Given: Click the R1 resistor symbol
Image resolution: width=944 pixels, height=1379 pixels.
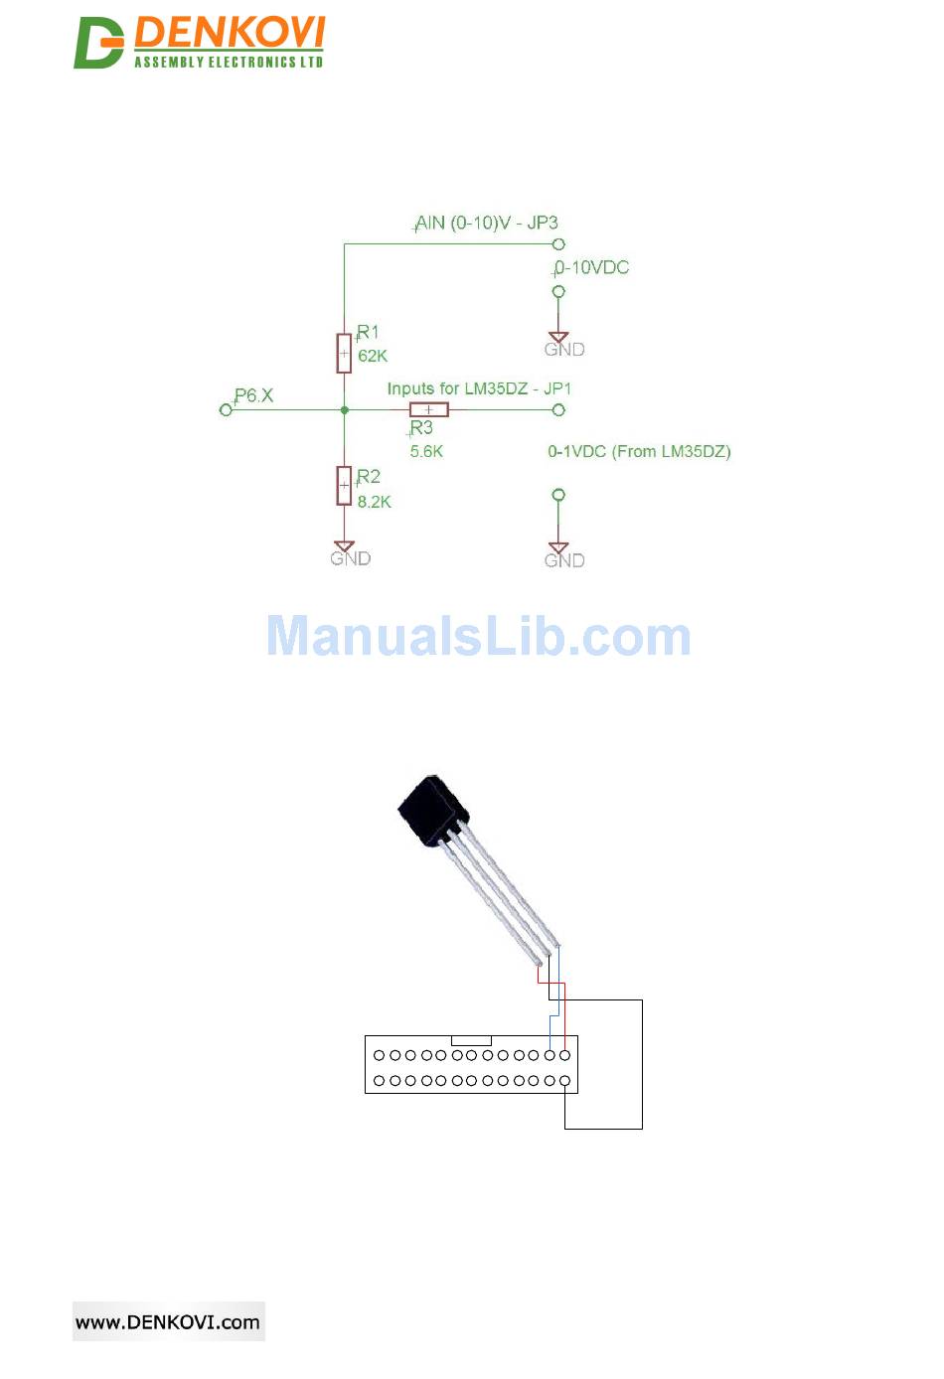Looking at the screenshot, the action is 344,353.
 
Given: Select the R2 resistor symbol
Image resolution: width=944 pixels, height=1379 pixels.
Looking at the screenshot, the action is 344,485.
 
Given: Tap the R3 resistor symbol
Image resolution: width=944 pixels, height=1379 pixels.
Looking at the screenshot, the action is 428,409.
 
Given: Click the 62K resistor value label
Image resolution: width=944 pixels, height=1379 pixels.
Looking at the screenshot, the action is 373,356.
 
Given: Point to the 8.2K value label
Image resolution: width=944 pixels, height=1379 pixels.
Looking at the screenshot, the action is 375,502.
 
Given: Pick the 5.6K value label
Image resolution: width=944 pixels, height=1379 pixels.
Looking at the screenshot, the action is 426,451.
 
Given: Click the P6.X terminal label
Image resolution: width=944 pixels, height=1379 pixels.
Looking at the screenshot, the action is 253,395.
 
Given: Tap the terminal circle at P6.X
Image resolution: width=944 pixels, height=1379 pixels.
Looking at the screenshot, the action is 226,409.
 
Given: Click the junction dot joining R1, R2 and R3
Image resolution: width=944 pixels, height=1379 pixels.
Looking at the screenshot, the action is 344,409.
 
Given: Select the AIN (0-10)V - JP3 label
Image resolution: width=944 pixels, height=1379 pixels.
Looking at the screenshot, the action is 487,223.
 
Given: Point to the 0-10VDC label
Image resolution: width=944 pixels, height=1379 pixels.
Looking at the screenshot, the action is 592,267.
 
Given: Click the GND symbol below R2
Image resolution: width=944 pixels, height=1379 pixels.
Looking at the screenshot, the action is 345,548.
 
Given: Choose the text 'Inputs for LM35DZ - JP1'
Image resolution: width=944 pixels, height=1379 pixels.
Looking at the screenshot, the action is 479,388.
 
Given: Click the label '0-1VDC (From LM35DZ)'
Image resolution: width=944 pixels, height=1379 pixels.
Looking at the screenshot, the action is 639,451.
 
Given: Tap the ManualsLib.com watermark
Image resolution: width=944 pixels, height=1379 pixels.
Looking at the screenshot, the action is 478,636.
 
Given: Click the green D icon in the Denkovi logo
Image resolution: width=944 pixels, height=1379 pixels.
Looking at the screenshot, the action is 97,43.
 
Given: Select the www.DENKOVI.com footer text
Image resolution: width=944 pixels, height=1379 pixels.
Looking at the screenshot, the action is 168,1322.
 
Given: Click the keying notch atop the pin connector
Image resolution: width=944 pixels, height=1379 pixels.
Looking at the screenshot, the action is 471,1040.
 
